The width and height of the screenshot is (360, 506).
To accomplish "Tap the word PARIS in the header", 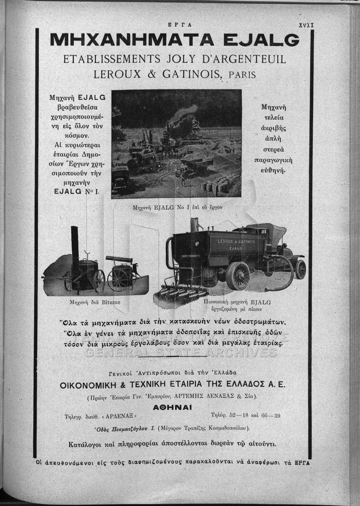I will (242, 75).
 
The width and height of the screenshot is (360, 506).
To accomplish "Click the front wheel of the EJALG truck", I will (300, 269).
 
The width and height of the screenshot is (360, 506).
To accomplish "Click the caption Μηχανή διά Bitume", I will (95, 302).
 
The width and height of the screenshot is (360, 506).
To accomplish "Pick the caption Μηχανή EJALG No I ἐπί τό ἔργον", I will (177, 207).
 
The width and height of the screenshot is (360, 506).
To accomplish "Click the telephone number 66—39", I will (271, 415).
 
